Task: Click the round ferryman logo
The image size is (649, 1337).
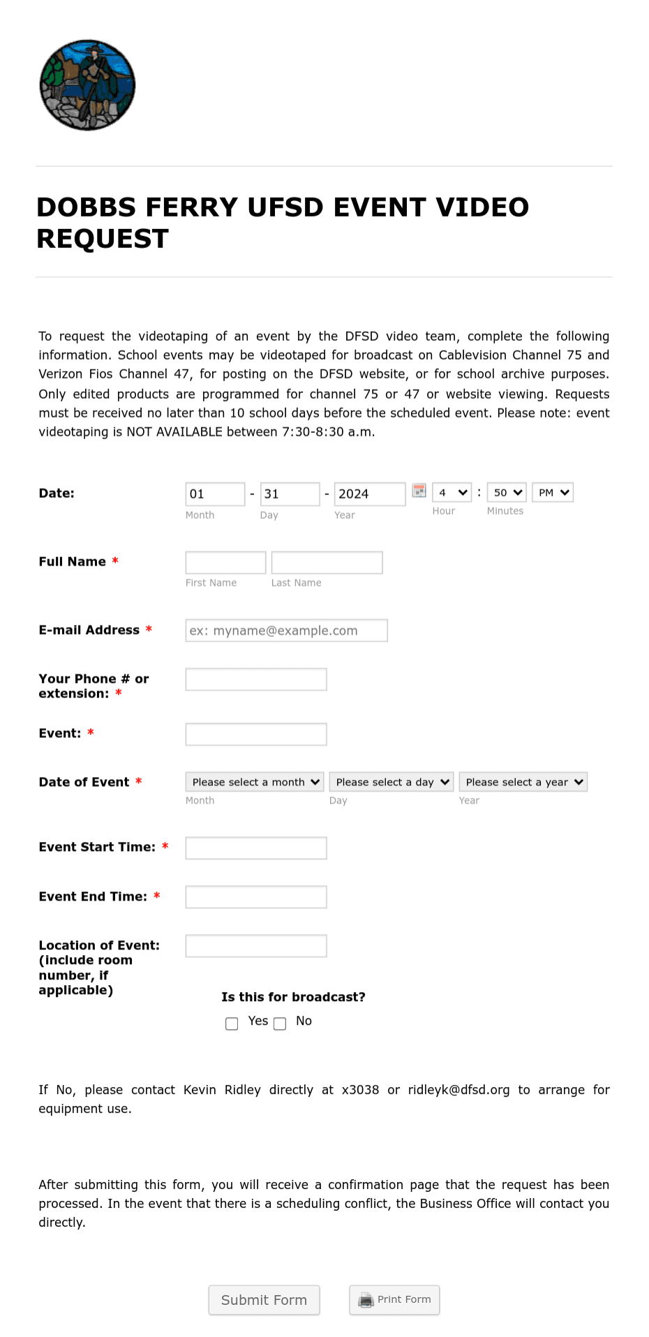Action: [87, 84]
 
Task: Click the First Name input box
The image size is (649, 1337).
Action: [225, 563]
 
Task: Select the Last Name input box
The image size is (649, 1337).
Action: [327, 563]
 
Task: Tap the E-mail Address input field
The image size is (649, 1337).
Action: [286, 630]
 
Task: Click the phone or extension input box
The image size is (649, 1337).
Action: [256, 679]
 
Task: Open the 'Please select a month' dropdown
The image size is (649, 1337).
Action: [254, 782]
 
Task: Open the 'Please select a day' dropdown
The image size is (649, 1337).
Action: [391, 782]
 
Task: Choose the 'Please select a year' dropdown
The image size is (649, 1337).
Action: [523, 782]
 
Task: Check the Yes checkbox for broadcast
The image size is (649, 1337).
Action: [232, 1024]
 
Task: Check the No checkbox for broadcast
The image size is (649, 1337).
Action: [280, 1024]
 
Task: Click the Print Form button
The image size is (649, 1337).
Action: [394, 1300]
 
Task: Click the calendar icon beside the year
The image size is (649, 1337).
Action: [419, 491]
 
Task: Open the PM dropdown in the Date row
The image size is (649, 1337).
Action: [553, 493]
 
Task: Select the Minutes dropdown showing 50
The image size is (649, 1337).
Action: [506, 493]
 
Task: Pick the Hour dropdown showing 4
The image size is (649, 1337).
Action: [452, 493]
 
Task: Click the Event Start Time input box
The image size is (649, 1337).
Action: [256, 848]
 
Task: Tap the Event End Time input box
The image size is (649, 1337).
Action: [256, 897]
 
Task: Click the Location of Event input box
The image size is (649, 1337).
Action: [256, 946]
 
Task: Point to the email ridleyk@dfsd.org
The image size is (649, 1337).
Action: [458, 1090]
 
